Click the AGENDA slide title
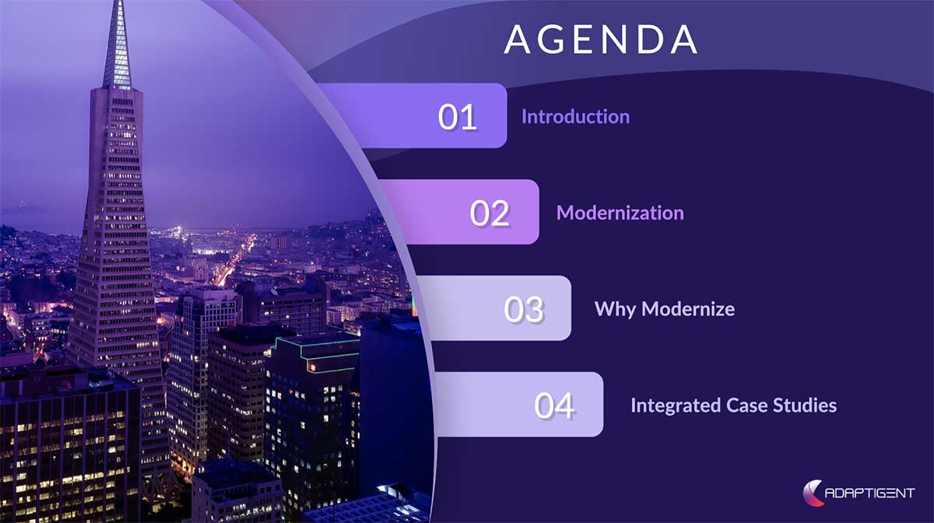pyautogui.click(x=600, y=39)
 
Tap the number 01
pyautogui.click(x=457, y=117)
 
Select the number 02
pyautogui.click(x=490, y=213)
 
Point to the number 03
pyautogui.click(x=523, y=309)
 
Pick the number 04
pyautogui.click(x=554, y=405)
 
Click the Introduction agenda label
pyautogui.click(x=575, y=117)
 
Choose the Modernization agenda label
pyautogui.click(x=620, y=213)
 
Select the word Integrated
pyautogui.click(x=664, y=405)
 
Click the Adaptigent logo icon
pyautogui.click(x=813, y=493)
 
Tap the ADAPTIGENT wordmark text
pyautogui.click(x=871, y=493)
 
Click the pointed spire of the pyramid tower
pyautogui.click(x=118, y=39)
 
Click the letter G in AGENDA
pyautogui.click(x=553, y=39)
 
